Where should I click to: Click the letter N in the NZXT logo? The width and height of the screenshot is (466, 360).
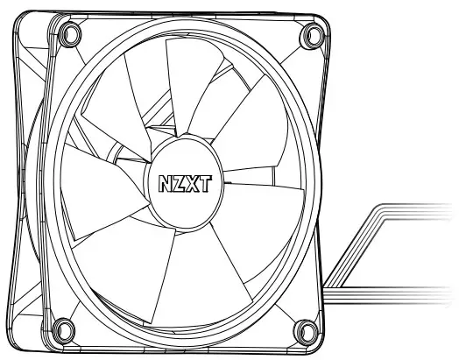point(166,185)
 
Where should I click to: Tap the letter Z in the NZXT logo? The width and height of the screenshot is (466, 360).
point(179,185)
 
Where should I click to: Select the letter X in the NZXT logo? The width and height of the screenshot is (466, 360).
point(192,185)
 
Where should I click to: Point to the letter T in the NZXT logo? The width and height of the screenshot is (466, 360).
point(203,185)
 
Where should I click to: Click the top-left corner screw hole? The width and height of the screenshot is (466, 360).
point(65,32)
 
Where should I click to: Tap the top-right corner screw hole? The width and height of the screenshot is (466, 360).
point(311,36)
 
